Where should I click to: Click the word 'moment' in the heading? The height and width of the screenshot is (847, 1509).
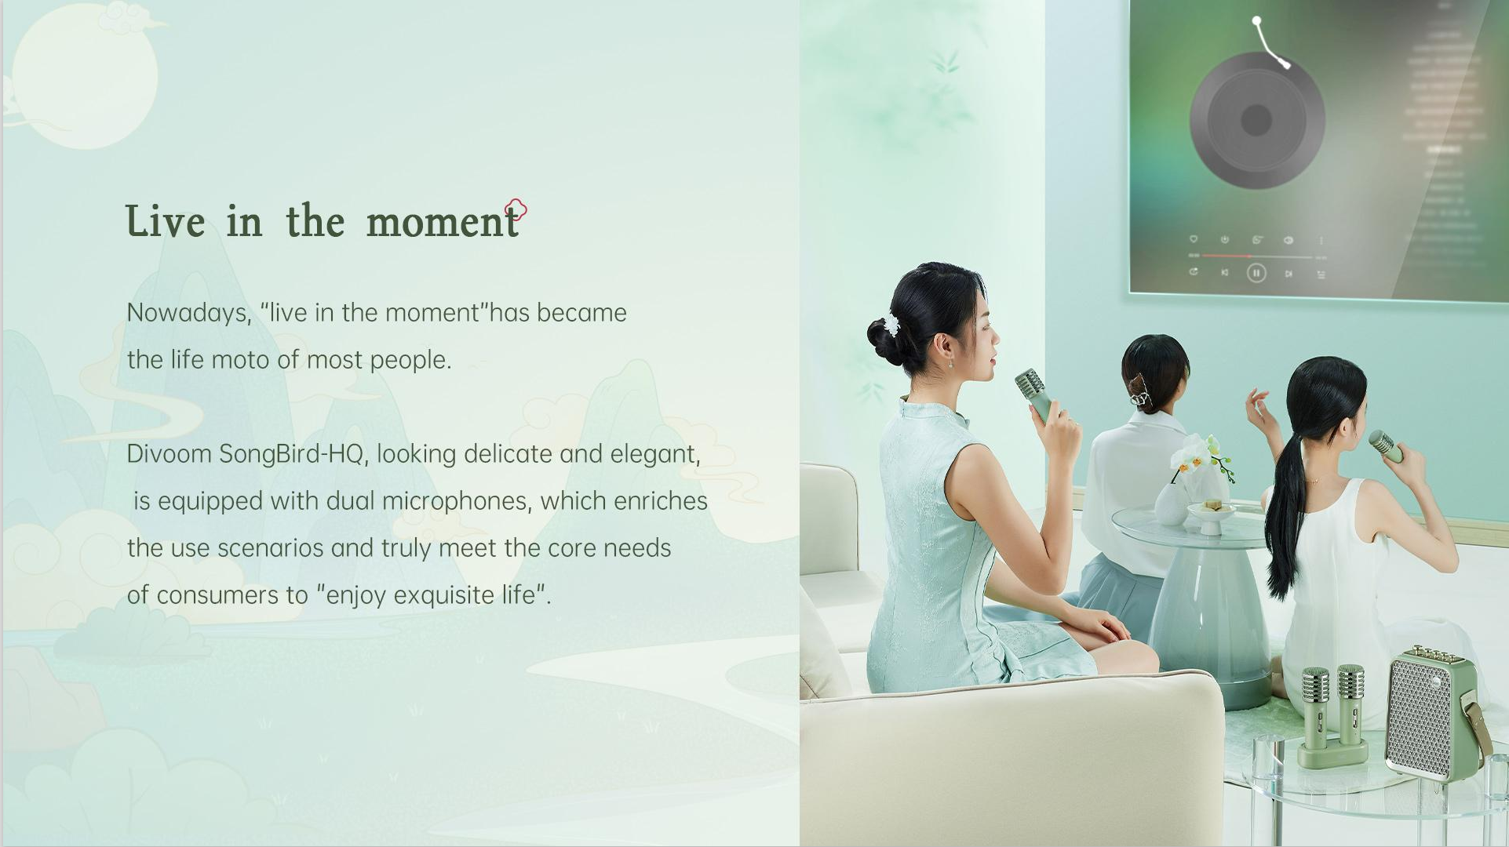tap(443, 221)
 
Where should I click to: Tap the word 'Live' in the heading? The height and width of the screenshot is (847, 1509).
tap(165, 220)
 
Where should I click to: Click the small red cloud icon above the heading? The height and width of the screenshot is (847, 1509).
tap(516, 209)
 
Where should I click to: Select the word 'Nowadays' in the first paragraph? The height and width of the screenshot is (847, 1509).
tap(189, 314)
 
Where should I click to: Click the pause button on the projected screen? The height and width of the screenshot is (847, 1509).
tap(1256, 273)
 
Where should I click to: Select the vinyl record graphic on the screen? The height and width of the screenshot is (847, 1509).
tap(1256, 120)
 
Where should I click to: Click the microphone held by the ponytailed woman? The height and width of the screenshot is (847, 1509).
tap(1385, 445)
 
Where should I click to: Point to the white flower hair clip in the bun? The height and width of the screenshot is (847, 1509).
tap(891, 325)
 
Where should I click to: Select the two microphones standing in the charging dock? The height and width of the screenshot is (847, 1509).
tap(1332, 716)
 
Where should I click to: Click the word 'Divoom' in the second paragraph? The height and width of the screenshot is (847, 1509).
tap(169, 454)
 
